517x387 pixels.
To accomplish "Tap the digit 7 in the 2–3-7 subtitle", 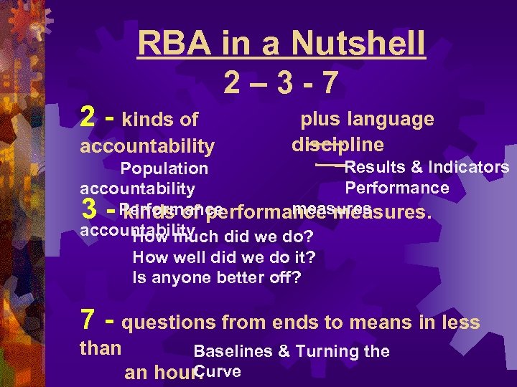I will [x=327, y=85].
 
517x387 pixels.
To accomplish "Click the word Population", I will [x=164, y=169].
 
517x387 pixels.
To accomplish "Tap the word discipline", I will [x=337, y=145].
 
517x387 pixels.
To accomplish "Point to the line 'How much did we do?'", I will [x=224, y=236].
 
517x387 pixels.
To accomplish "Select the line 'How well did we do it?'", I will [x=224, y=257].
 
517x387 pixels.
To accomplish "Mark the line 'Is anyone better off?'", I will [x=217, y=277].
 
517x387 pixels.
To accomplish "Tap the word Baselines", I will [x=233, y=351].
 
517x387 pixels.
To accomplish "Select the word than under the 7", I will [x=100, y=349].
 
